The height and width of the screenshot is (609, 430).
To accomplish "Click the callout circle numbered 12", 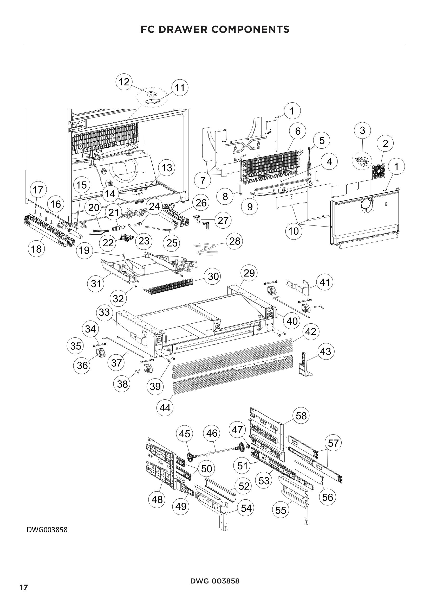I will pyautogui.click(x=124, y=82).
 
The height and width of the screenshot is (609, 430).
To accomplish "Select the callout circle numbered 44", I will pyautogui.click(x=165, y=407).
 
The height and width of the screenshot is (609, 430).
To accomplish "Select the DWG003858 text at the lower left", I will pyautogui.click(x=47, y=530).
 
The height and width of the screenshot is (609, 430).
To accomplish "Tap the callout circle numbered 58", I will pyautogui.click(x=301, y=416).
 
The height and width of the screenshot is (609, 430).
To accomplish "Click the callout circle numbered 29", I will pyautogui.click(x=249, y=273).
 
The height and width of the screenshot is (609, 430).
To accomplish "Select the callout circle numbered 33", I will pyautogui.click(x=104, y=312).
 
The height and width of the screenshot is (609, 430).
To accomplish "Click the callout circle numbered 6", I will pyautogui.click(x=298, y=131).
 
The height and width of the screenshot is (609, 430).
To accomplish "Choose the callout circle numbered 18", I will pyautogui.click(x=36, y=249).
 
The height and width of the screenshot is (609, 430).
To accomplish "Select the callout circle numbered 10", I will pyautogui.click(x=294, y=231).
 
